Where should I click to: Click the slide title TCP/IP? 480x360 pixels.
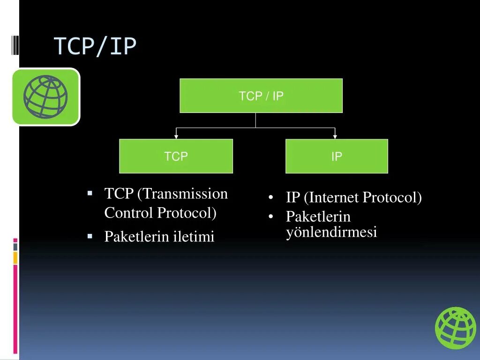[x=95, y=46]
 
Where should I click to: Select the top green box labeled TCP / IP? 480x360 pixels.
[x=261, y=96]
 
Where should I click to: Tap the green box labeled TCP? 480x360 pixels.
[x=176, y=156]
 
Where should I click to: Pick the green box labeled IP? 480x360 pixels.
[x=337, y=156]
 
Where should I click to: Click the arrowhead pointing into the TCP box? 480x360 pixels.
[x=176, y=136]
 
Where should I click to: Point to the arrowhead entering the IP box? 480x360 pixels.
[x=335, y=136]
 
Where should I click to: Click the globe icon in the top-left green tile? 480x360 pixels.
[x=45, y=97]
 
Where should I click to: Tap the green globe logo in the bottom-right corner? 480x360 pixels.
[x=455, y=328]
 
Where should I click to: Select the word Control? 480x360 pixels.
[x=129, y=213]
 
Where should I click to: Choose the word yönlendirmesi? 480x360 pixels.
[x=331, y=232]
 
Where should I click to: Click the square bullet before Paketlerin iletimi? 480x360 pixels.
[x=90, y=236]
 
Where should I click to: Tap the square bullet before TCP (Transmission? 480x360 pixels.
[x=90, y=193]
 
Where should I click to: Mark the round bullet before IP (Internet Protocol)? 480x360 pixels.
[x=271, y=198]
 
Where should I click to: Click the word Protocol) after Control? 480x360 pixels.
[x=187, y=213]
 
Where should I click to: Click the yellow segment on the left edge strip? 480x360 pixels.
[x=15, y=257]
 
